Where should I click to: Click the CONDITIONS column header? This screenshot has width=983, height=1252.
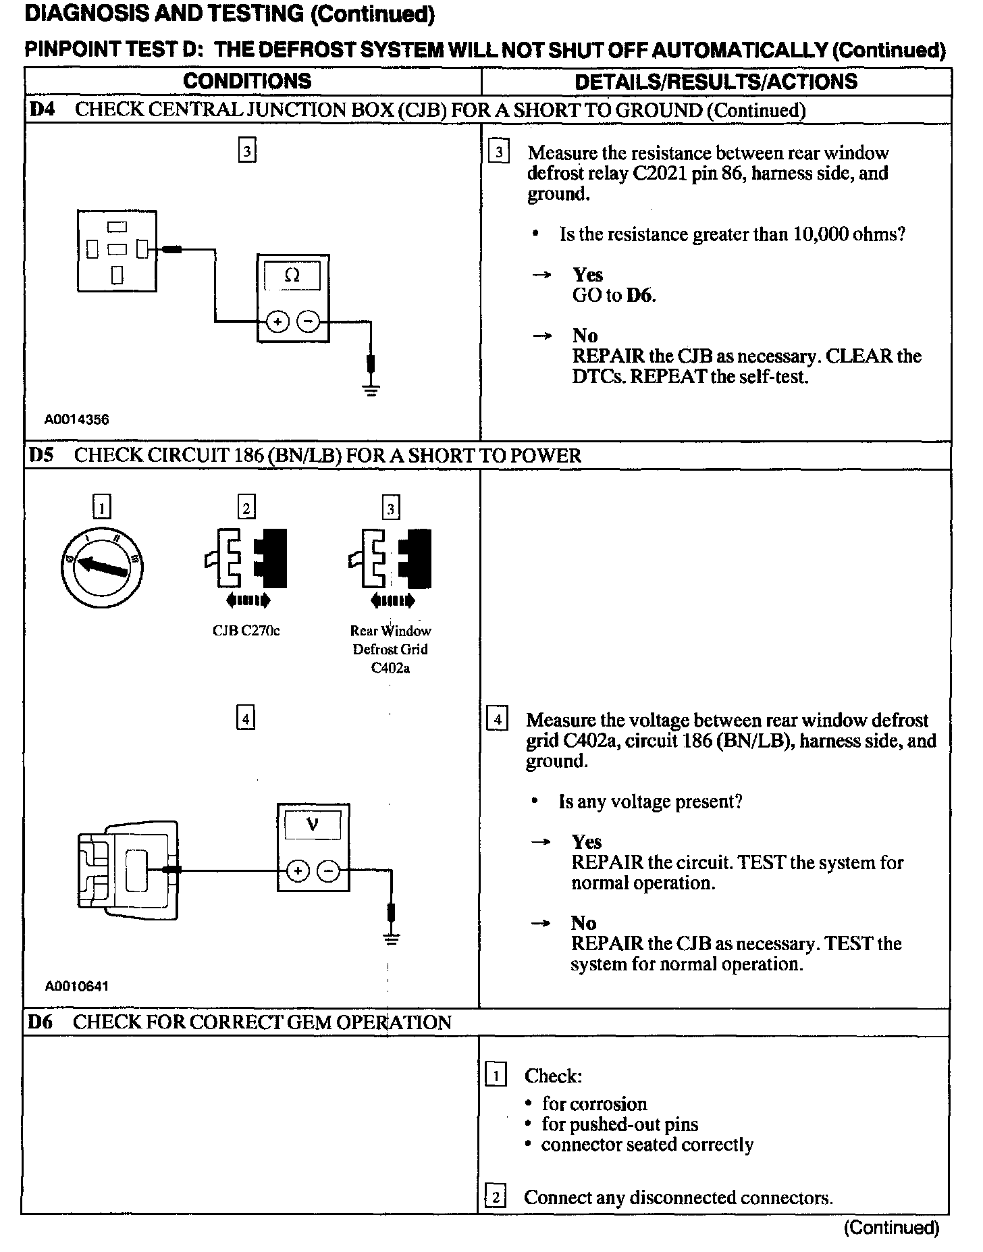(247, 82)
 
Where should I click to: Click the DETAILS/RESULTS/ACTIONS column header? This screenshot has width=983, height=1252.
(716, 82)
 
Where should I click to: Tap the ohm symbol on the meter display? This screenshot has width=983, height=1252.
(292, 276)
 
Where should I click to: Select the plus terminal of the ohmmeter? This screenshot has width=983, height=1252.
(277, 322)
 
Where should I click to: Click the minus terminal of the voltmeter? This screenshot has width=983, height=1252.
(329, 871)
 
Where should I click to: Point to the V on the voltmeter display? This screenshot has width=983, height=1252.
(313, 824)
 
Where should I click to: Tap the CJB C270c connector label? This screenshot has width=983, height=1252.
(246, 631)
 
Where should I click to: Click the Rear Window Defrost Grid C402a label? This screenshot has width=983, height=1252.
(390, 649)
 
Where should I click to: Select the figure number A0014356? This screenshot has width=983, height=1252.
(76, 419)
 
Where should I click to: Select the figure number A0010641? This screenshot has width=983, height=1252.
(76, 986)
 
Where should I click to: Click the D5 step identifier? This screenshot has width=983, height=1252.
(41, 455)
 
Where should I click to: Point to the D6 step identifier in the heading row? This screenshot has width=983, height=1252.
(41, 1022)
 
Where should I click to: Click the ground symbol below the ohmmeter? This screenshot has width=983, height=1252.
(371, 388)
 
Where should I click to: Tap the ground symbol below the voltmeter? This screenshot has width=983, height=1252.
(391, 937)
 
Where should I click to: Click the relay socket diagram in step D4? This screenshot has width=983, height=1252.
(117, 251)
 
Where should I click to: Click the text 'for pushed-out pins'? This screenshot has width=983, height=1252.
(619, 1124)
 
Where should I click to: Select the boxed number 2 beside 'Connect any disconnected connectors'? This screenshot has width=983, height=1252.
(496, 1197)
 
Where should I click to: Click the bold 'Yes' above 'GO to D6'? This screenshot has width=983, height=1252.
(587, 275)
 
